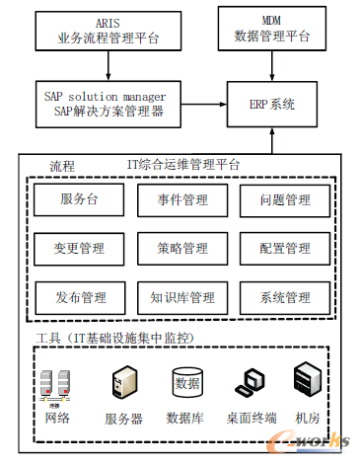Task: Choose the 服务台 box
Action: tap(80, 199)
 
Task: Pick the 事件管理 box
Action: tap(182, 199)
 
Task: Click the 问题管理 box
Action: tap(285, 199)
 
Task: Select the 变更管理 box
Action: tap(80, 248)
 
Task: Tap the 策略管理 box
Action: tap(182, 248)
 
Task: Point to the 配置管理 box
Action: tap(285, 248)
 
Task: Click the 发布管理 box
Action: tap(80, 296)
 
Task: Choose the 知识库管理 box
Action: tap(182, 296)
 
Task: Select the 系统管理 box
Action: tap(285, 296)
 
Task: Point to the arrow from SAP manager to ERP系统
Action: tap(197, 104)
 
